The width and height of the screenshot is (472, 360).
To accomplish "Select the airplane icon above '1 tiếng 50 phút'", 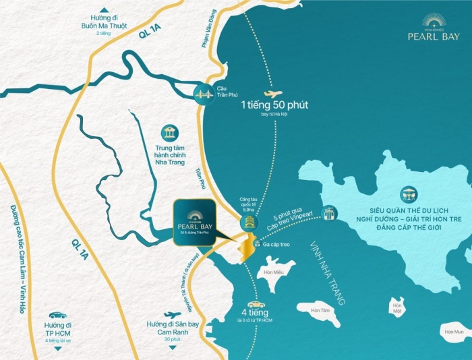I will [x=272, y=94].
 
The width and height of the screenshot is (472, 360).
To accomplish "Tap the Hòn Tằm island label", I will [x=321, y=310].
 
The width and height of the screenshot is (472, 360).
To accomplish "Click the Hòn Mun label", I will [x=454, y=332].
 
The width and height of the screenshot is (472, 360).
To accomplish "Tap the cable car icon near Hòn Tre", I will [x=330, y=213].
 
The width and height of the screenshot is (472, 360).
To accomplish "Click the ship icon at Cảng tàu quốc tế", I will [x=249, y=221].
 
